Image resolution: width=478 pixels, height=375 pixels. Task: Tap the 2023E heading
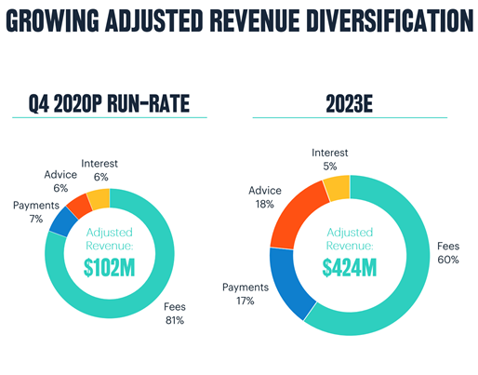tap(349, 104)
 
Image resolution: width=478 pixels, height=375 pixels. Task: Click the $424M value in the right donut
tap(349, 268)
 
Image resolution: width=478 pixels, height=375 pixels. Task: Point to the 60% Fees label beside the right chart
tap(448, 253)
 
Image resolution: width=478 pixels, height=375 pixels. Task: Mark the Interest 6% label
tap(99, 169)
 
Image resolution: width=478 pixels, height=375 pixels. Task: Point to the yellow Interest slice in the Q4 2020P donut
tap(100, 197)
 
